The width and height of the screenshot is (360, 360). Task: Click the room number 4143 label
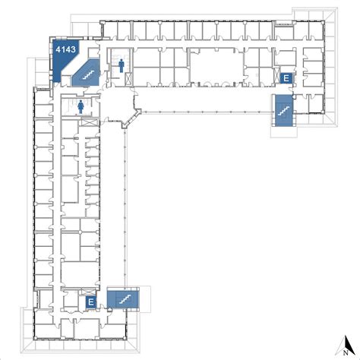pyautogui.click(x=65, y=49)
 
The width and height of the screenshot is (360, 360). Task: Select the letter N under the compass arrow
pyautogui.click(x=346, y=352)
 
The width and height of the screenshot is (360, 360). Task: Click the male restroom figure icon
pyautogui.click(x=122, y=65)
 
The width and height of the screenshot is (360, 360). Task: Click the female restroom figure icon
pyautogui.click(x=81, y=106)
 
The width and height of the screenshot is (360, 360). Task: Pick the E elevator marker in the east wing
pyautogui.click(x=286, y=78)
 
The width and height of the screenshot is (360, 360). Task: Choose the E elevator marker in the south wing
pyautogui.click(x=91, y=302)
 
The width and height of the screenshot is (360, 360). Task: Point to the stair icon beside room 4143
pyautogui.click(x=88, y=74)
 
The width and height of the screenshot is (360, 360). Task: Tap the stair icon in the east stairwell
pyautogui.click(x=283, y=111)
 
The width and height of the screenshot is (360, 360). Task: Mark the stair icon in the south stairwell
pyautogui.click(x=125, y=299)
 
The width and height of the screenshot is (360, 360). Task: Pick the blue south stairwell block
pyautogui.click(x=123, y=300)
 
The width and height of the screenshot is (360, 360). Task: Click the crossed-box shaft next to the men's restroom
pyautogui.click(x=128, y=78)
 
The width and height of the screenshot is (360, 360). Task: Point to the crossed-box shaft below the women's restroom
pyautogui.click(x=90, y=122)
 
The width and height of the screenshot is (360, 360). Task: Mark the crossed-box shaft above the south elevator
pyautogui.click(x=87, y=292)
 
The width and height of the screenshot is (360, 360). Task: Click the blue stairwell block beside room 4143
pyautogui.click(x=86, y=73)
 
